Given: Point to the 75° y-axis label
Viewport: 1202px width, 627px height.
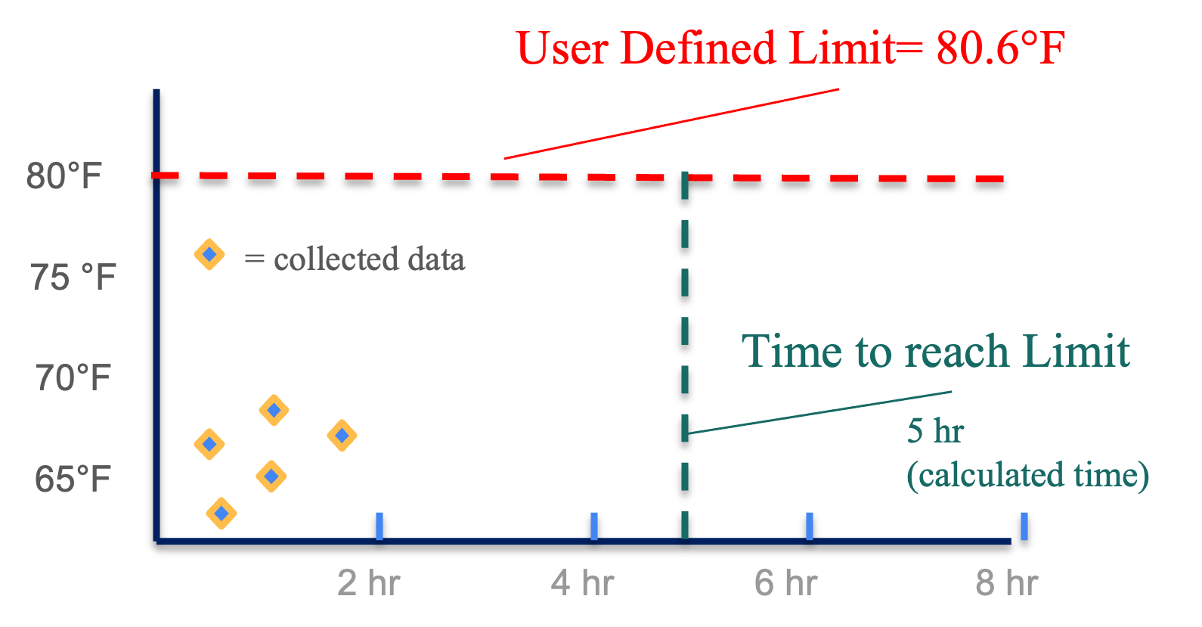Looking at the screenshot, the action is pyautogui.click(x=64, y=277).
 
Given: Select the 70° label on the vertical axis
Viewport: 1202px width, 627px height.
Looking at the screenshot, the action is pyautogui.click(x=64, y=377).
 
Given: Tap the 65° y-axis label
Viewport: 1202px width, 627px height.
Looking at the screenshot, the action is pyautogui.click(x=64, y=480).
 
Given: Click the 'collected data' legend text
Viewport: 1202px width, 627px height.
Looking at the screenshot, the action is pyautogui.click(x=369, y=260).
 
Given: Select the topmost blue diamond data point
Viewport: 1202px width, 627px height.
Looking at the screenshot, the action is pyautogui.click(x=209, y=254).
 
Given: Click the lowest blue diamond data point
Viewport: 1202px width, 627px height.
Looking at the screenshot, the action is pyautogui.click(x=221, y=513).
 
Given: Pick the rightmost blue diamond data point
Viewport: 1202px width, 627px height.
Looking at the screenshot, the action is pyautogui.click(x=342, y=435).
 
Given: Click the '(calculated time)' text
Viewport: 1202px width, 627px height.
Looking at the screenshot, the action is pyautogui.click(x=1027, y=475).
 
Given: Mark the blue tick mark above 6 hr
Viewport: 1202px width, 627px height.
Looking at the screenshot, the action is pyautogui.click(x=809, y=526).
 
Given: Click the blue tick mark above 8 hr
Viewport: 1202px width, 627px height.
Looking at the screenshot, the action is pyautogui.click(x=1024, y=526).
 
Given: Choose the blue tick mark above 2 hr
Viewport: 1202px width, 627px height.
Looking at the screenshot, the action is pyautogui.click(x=379, y=526).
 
